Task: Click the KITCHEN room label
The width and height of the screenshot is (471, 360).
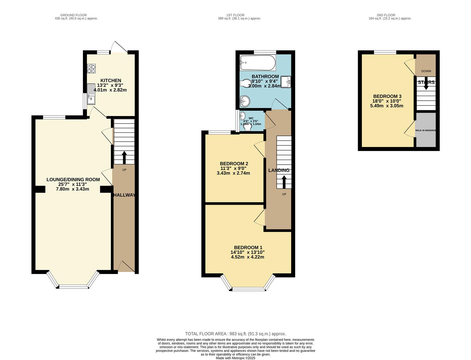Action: [111, 80]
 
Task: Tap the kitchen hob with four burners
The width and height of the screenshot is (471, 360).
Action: [91, 68]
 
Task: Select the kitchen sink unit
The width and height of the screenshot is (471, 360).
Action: [91, 94]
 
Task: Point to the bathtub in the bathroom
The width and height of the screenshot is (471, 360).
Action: [257, 63]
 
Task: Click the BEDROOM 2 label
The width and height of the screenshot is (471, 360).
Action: [234, 164]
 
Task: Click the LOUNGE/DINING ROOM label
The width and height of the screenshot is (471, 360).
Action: [73, 180]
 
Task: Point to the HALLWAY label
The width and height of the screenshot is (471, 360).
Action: [124, 195]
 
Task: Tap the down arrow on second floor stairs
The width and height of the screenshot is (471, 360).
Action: [426, 85]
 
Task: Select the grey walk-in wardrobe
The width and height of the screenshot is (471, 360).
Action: [426, 130]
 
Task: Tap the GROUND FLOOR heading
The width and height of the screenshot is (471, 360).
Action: [73, 15]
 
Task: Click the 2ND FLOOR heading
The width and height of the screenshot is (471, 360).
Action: [386, 15]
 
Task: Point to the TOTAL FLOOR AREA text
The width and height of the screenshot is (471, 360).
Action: [235, 334]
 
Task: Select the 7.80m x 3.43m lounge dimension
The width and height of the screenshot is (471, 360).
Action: [72, 189]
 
